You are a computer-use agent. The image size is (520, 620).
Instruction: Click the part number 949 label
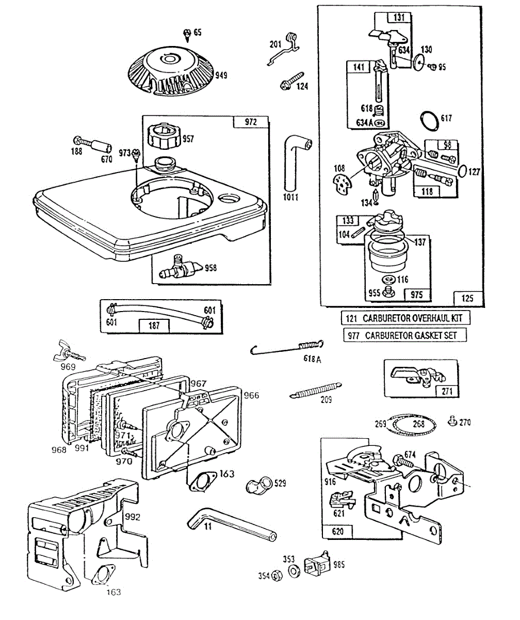click(221, 75)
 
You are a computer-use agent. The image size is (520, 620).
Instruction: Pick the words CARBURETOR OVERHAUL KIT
click(415, 318)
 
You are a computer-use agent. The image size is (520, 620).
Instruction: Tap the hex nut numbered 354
click(275, 575)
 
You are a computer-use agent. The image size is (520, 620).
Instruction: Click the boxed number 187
click(154, 326)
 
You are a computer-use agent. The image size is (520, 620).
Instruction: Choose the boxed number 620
click(336, 531)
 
